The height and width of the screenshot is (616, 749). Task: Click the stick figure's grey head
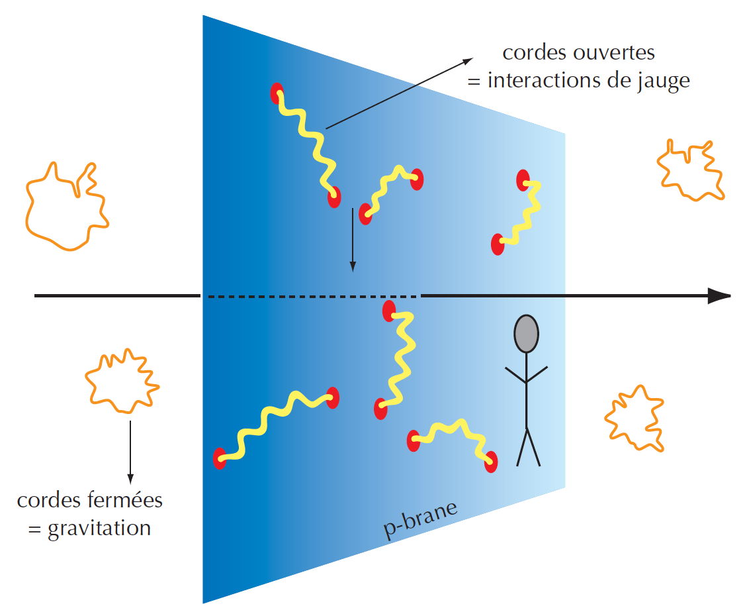527,333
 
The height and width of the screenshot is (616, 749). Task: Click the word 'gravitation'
99,529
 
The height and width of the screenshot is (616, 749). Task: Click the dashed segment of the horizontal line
311,296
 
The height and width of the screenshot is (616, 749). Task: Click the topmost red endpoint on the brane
277,93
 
